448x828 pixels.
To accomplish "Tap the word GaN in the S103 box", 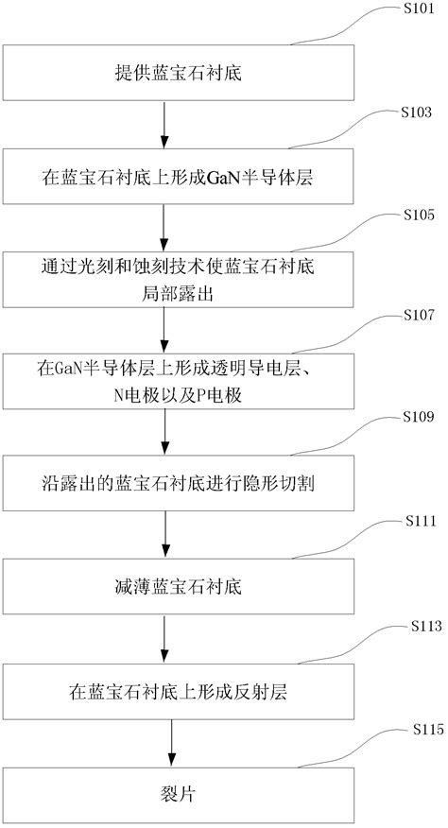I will point(214,175).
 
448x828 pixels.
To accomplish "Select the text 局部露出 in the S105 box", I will point(171,294).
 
